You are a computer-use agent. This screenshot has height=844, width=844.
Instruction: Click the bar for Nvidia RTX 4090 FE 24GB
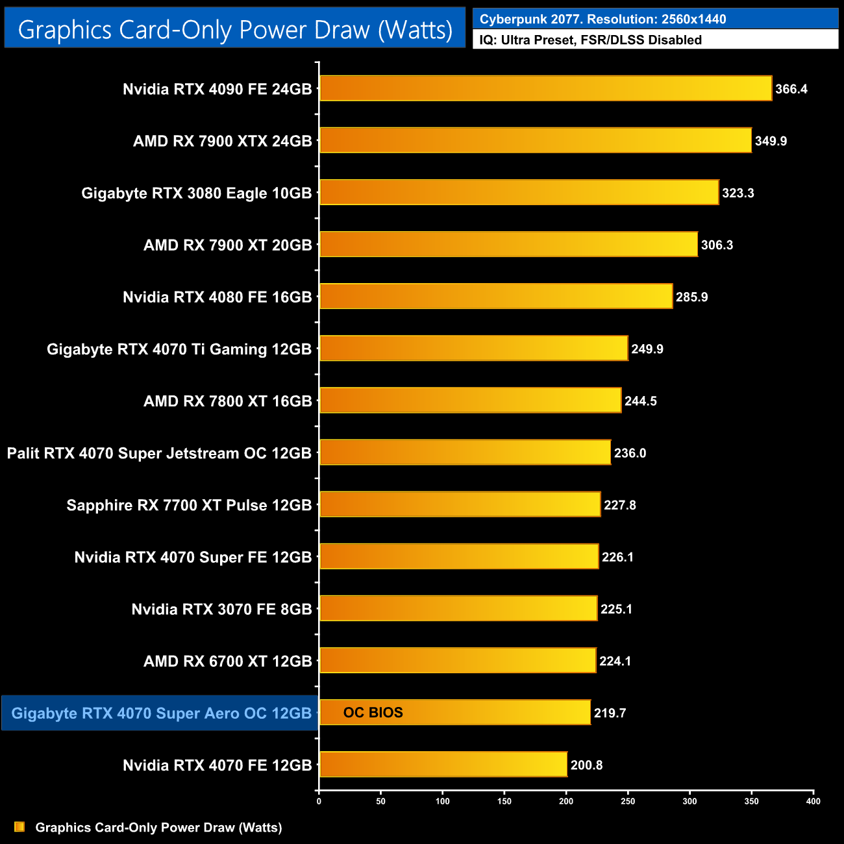coord(545,88)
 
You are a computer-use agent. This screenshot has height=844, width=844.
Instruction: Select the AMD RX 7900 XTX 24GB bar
coord(536,140)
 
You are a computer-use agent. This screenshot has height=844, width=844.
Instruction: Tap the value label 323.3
coord(738,193)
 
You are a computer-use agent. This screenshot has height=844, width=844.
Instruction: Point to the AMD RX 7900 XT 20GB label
coord(227,245)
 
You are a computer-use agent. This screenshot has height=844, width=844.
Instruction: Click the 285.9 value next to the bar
coord(691,297)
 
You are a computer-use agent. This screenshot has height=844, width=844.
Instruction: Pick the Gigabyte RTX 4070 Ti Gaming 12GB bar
coord(474,348)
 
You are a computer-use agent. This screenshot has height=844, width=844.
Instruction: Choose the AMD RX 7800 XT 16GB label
coord(227,401)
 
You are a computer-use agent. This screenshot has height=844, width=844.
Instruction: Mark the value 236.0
coord(630,453)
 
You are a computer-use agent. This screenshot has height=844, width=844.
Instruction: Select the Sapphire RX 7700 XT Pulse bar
coord(460,504)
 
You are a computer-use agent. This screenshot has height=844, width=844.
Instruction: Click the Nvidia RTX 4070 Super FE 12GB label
coord(193,557)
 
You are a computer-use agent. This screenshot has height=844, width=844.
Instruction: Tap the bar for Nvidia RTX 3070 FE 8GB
coord(458,608)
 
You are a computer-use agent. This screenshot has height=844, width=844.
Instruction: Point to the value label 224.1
coord(615,661)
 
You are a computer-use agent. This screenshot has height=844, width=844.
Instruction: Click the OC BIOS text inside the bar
coord(373,712)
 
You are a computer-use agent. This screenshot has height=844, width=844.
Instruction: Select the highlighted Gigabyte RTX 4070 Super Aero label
coord(161,713)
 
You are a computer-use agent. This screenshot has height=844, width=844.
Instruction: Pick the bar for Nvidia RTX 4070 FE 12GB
coord(443,764)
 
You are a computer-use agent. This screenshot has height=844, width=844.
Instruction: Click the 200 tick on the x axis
coord(566,801)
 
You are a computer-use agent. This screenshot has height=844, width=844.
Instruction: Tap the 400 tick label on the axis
coord(813,801)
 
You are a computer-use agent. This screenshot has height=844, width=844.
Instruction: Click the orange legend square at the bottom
coord(19,826)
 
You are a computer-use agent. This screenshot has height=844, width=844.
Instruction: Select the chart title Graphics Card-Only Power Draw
coord(235,29)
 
